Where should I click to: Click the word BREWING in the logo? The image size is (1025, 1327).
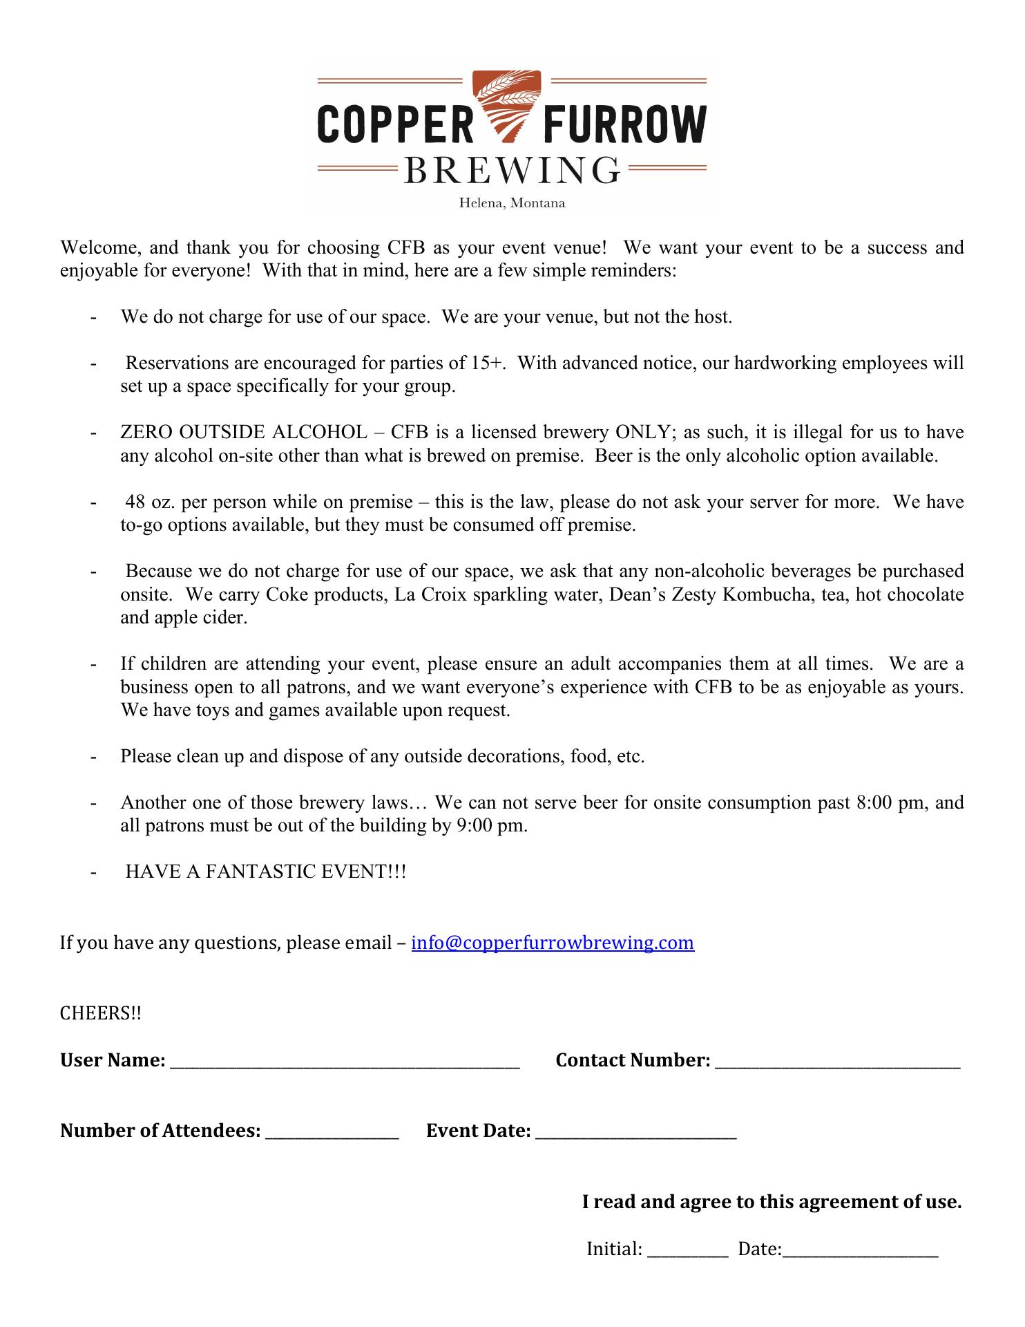tap(512, 170)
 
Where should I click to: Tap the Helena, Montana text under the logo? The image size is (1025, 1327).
tap(512, 203)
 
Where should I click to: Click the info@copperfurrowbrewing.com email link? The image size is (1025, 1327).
tap(553, 943)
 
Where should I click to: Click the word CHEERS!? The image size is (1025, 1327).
tap(101, 1013)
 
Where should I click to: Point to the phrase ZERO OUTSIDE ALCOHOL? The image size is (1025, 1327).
tap(244, 433)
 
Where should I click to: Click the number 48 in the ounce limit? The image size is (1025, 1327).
tap(135, 502)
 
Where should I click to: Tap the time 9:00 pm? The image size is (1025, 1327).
tap(491, 825)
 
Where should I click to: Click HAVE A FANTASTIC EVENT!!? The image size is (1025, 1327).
tap(266, 872)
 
